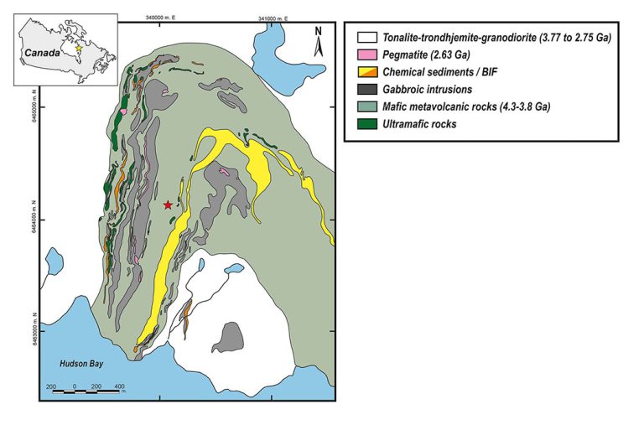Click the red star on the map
[x=168, y=205]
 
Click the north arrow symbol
[x=319, y=42]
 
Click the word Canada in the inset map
[x=42, y=52]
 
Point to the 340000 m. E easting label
[x=163, y=17]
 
